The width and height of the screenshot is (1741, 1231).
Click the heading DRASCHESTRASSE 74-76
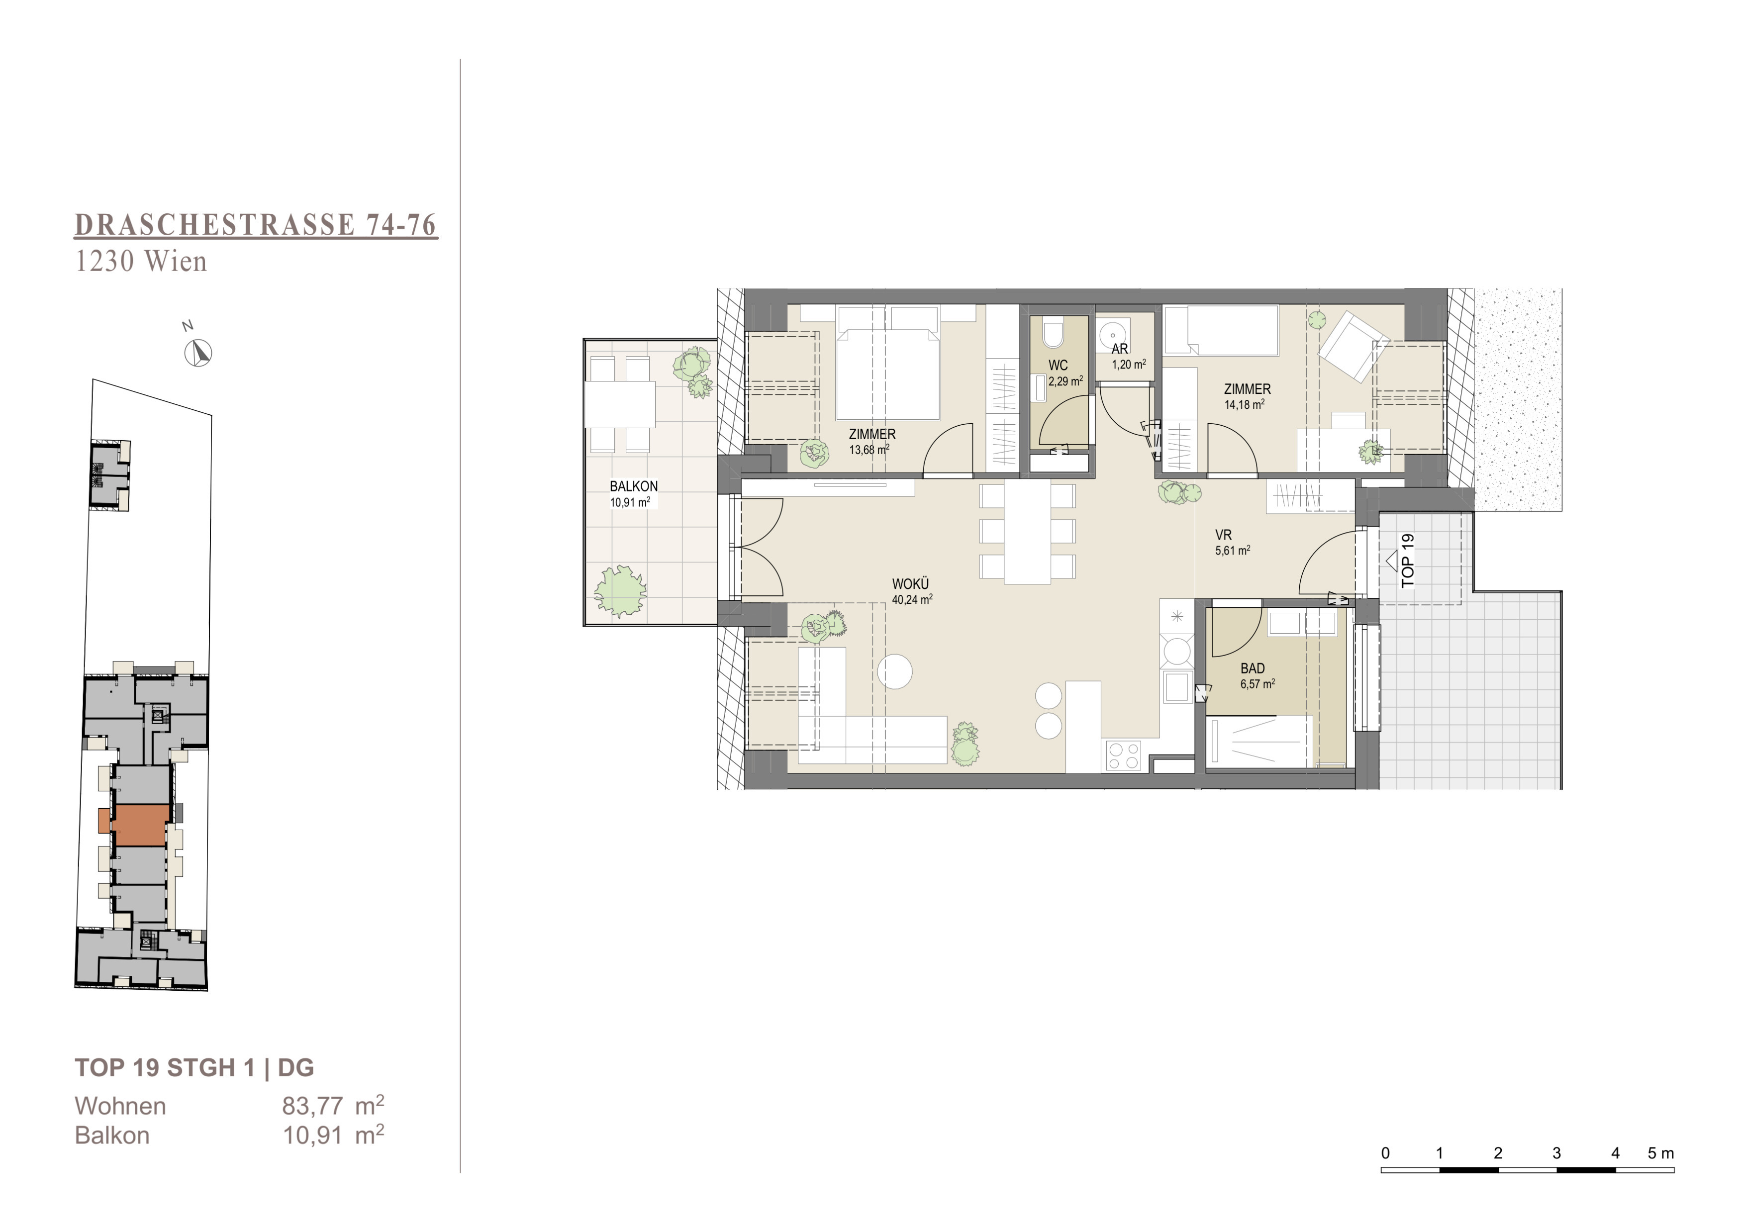point(256,225)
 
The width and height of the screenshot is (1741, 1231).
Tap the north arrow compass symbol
point(198,353)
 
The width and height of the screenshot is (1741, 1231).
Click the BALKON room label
point(634,486)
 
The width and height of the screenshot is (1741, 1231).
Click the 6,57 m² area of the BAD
point(1257,684)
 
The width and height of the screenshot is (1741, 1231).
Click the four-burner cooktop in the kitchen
point(1124,755)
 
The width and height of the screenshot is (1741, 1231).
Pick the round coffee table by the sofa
point(895,671)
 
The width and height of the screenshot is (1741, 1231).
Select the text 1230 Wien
point(141,262)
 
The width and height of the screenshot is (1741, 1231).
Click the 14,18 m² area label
point(1245,405)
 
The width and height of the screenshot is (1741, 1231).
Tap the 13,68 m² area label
point(869,450)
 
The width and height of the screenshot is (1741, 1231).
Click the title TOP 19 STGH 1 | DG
point(194,1068)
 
